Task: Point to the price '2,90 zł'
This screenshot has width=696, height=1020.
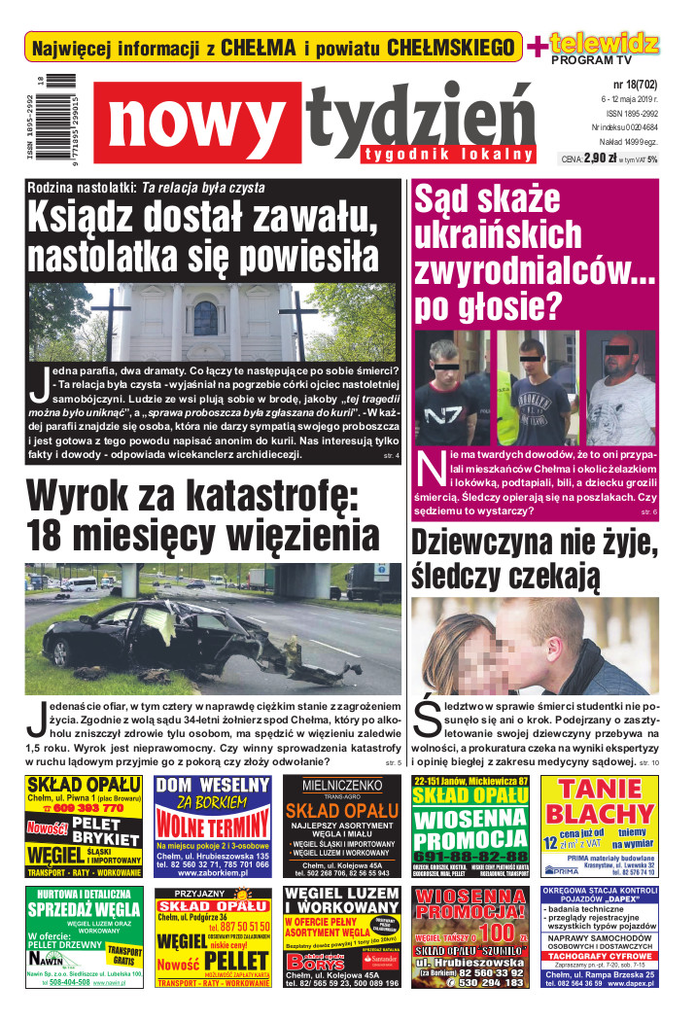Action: (598, 158)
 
